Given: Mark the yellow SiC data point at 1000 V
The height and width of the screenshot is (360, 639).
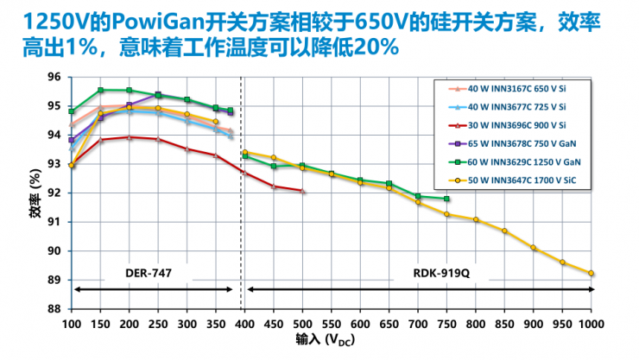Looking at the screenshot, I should [x=592, y=273].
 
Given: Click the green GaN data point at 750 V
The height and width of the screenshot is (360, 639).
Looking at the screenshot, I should [x=446, y=199].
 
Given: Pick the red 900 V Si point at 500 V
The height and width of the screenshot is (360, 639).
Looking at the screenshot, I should [x=302, y=191].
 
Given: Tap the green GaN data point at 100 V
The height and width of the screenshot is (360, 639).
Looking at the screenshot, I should [x=72, y=111].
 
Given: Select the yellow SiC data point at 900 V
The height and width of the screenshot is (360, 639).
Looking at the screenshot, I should [x=534, y=248].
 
